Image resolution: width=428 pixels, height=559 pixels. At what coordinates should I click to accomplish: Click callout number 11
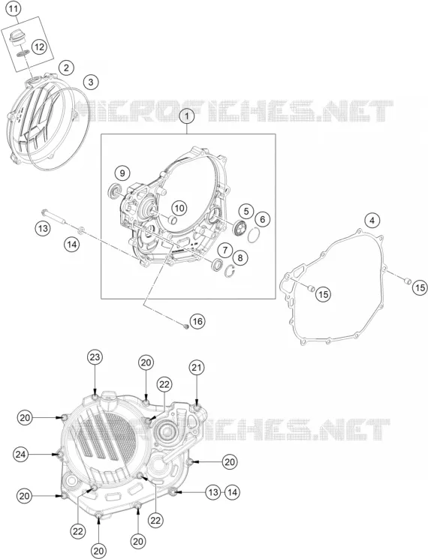coord(13,9)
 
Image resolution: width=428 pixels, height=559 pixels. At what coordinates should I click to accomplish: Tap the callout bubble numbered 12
coord(39,47)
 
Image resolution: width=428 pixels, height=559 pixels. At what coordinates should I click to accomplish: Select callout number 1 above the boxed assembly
coord(188,116)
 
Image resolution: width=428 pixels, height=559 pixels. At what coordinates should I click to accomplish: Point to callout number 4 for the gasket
coord(372,221)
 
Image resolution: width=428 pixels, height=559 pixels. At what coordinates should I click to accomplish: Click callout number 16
coord(197,322)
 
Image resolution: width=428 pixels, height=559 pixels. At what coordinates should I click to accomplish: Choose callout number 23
coord(95,357)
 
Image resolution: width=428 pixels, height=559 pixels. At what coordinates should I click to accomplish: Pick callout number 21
coord(197,368)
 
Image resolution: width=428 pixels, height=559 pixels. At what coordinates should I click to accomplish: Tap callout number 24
coord(21,454)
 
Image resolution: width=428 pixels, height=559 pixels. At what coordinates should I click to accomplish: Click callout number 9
coord(122,173)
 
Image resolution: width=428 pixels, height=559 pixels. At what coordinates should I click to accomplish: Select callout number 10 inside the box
coord(179,208)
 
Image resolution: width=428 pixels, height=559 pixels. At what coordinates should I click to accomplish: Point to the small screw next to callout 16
coord(185,326)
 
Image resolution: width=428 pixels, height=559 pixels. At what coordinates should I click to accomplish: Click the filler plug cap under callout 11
coord(15,37)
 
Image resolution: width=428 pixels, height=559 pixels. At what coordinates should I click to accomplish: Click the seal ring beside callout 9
coord(114,191)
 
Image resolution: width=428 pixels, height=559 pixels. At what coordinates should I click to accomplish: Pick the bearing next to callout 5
coord(239,228)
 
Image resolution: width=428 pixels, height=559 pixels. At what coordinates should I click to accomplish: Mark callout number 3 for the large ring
coord(91,82)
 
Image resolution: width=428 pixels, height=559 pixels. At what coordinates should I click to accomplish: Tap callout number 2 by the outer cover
coord(66,68)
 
